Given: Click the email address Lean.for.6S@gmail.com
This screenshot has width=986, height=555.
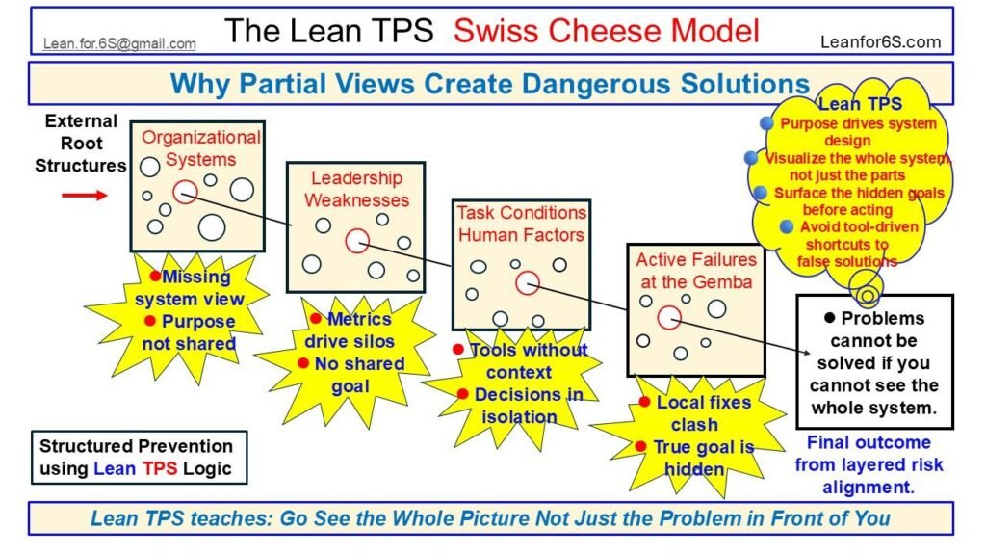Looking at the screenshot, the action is click(119, 43).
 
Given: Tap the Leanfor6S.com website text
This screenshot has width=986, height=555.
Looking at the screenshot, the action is click(880, 42).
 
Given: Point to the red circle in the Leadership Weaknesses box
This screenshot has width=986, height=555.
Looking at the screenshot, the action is click(356, 240).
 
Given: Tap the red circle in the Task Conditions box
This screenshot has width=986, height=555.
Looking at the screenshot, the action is click(527, 282).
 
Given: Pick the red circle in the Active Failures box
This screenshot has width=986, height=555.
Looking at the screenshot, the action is click(669, 318).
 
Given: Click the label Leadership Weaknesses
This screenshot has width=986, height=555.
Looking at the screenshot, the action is click(356, 189).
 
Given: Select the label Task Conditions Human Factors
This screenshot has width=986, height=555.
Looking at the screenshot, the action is click(521, 224).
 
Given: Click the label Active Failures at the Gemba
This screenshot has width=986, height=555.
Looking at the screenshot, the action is click(696, 271).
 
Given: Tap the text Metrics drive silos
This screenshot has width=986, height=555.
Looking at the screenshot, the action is click(349, 330).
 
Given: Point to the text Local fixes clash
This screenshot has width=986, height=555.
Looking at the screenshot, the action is click(697, 412).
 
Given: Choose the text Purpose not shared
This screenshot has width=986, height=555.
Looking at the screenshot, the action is click(190, 332).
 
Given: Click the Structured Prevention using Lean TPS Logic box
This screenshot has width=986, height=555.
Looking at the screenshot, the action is click(136, 458).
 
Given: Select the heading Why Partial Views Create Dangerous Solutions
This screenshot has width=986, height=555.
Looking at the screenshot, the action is click(489, 83).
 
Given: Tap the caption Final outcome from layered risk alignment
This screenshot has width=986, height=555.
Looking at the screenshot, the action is click(869, 464).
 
